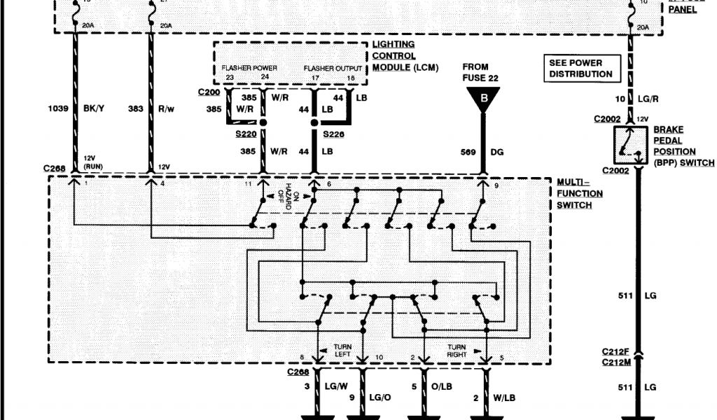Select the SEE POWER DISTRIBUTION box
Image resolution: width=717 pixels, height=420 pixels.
(580, 69)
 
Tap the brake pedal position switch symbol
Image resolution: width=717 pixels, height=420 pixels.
(628, 146)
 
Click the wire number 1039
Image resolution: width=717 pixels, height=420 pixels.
(57, 109)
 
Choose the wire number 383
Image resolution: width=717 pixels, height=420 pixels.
(135, 109)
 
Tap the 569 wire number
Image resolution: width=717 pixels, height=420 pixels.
(468, 151)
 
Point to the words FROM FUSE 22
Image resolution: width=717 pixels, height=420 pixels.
(480, 72)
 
